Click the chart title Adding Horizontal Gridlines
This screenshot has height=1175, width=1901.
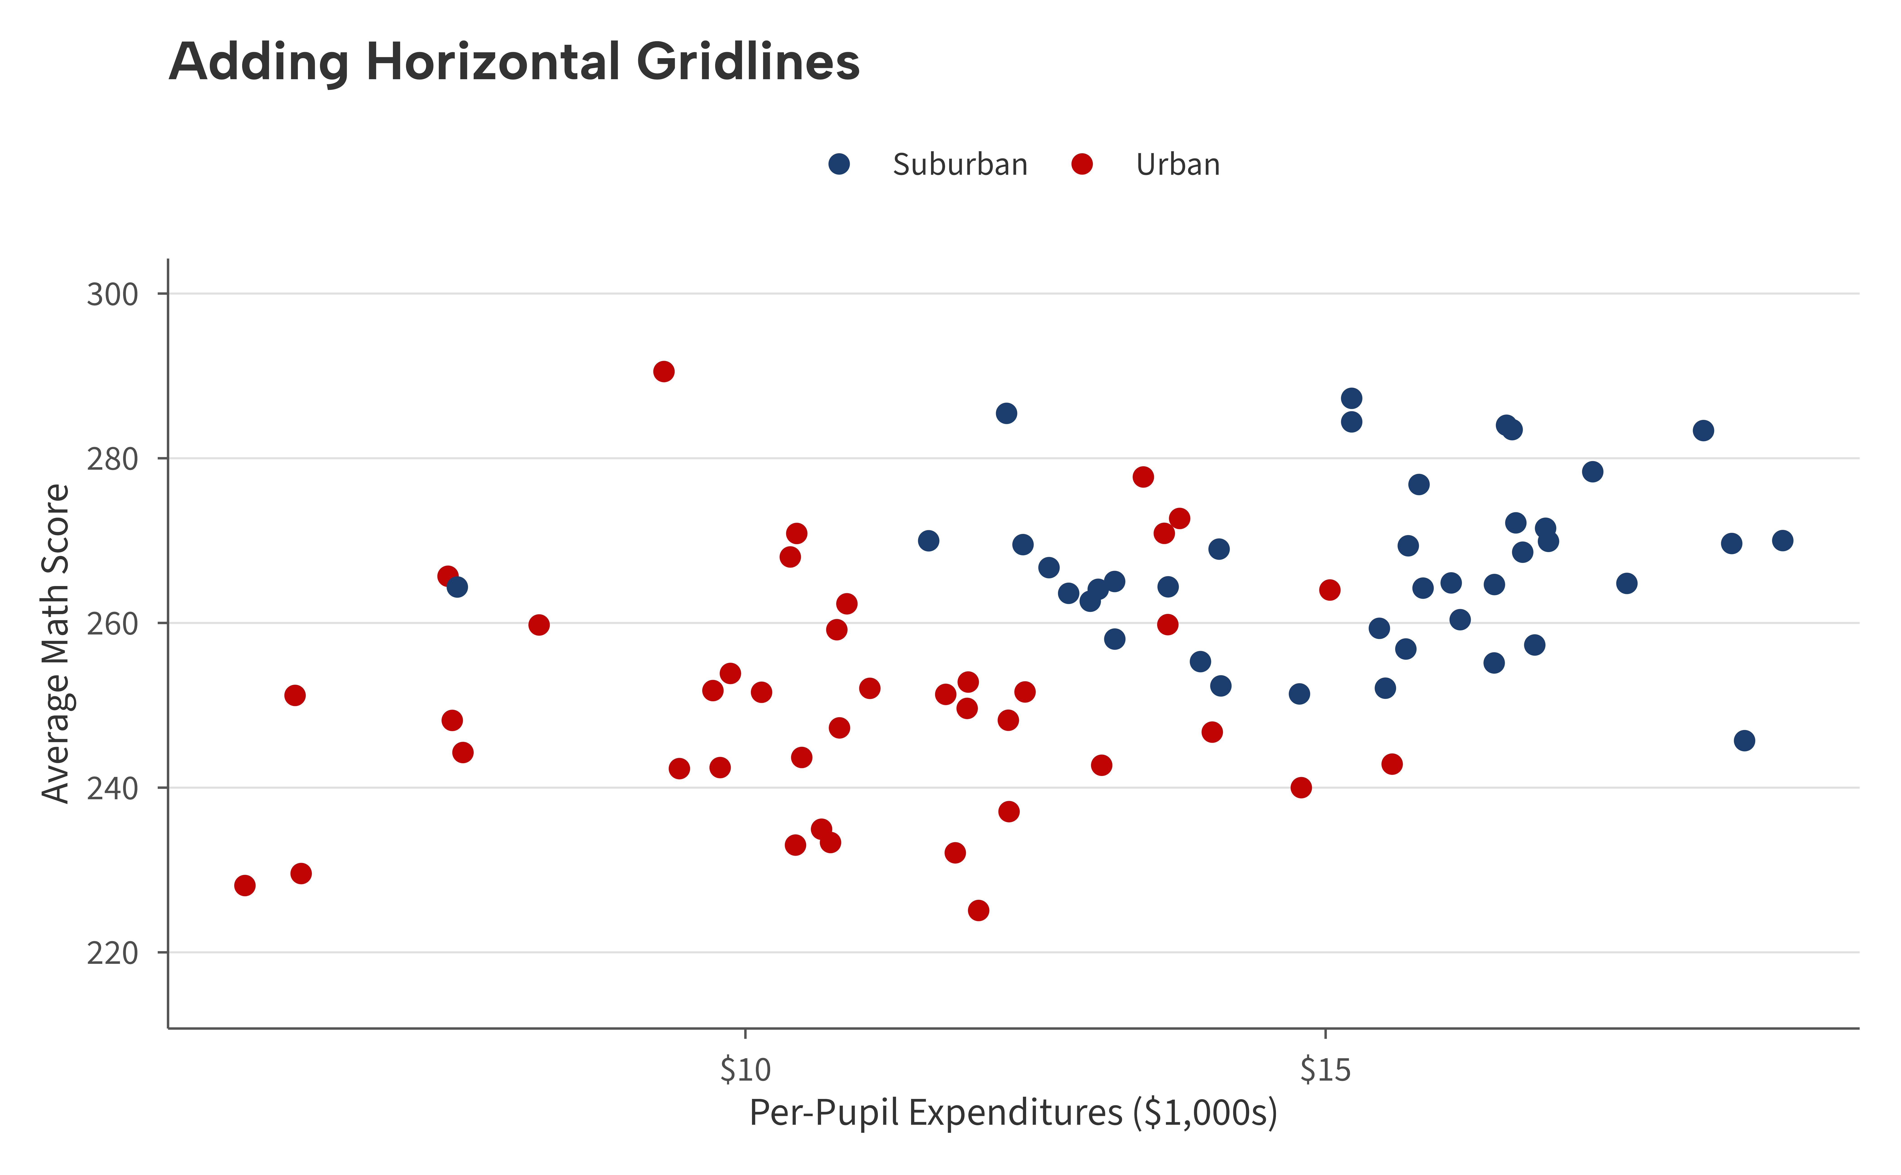pyautogui.click(x=513, y=62)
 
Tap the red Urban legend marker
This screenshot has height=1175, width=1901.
pyautogui.click(x=1081, y=164)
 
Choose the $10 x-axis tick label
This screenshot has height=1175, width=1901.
pyautogui.click(x=745, y=1070)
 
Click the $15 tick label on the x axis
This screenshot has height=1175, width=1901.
pyautogui.click(x=1325, y=1070)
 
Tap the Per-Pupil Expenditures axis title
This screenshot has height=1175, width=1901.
pyautogui.click(x=1013, y=1113)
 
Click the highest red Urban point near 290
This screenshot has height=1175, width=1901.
pyautogui.click(x=664, y=371)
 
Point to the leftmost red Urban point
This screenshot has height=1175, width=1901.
pyautogui.click(x=245, y=885)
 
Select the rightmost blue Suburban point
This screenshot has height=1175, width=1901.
pyautogui.click(x=1782, y=540)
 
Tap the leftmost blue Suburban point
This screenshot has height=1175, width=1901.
pyautogui.click(x=457, y=587)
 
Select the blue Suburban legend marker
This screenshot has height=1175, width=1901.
pyautogui.click(x=839, y=164)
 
